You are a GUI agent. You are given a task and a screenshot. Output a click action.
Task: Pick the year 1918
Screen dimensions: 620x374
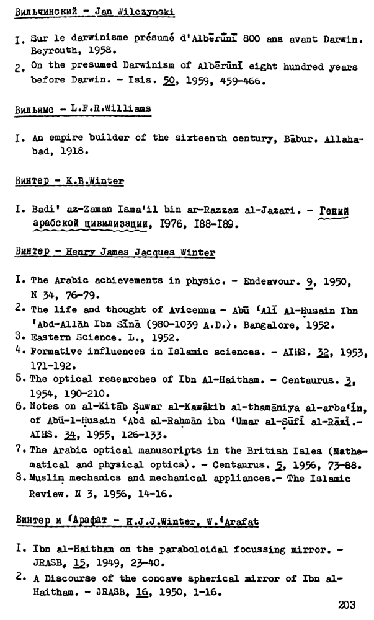(75, 151)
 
